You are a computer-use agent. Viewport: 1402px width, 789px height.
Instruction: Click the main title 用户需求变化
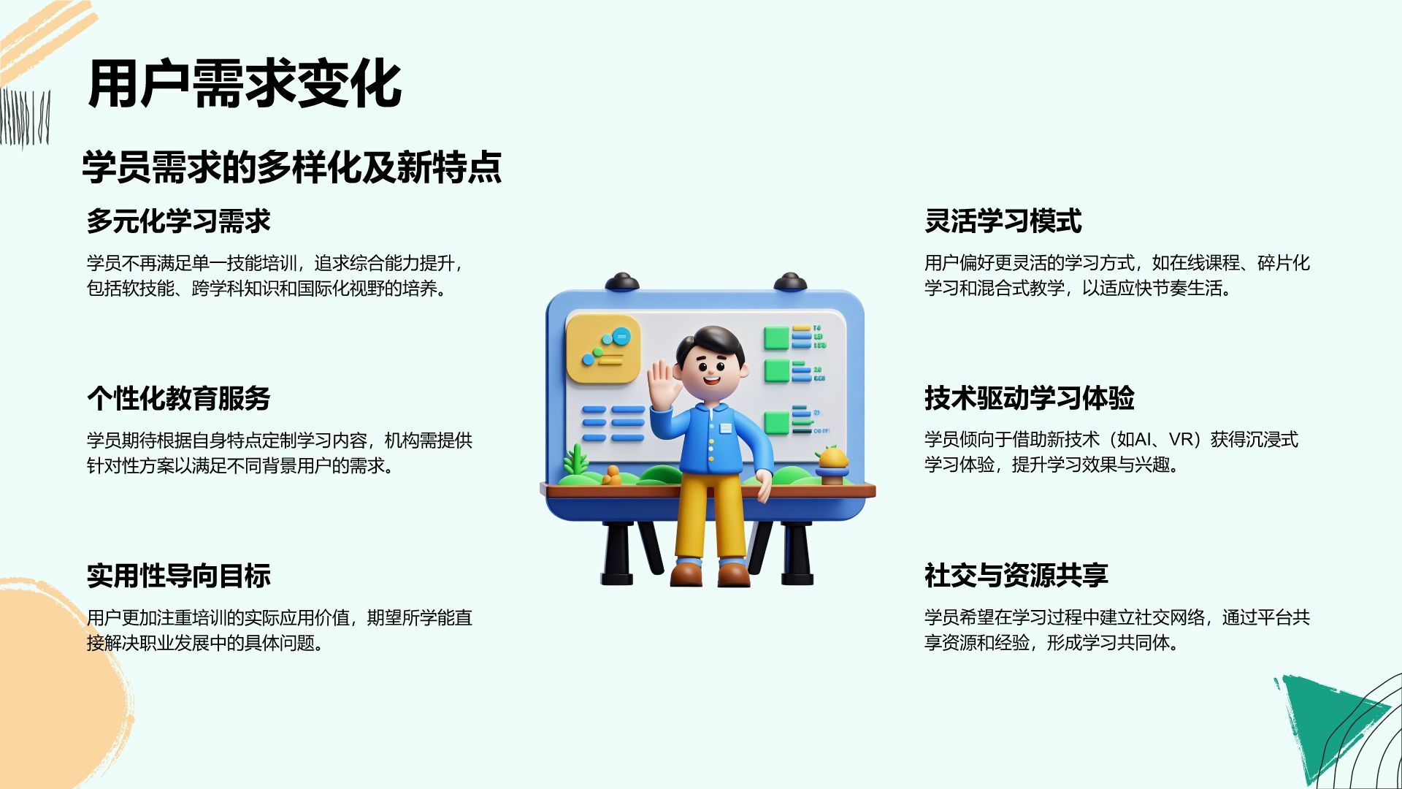tap(245, 85)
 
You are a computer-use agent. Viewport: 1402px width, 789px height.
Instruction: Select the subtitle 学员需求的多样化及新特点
tap(292, 167)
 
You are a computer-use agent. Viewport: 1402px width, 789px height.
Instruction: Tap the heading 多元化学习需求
tap(179, 221)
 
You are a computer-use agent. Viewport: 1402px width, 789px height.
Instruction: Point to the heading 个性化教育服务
tap(179, 398)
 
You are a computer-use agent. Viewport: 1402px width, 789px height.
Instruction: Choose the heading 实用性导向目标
tap(179, 576)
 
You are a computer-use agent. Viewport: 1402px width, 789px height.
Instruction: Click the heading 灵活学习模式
tap(1003, 221)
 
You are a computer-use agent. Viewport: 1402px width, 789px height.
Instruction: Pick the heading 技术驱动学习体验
tap(1030, 398)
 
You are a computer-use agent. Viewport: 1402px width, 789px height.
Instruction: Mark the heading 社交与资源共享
tap(1016, 576)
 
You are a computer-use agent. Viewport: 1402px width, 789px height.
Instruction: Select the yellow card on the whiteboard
tap(603, 348)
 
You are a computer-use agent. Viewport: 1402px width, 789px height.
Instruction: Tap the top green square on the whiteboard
tap(776, 338)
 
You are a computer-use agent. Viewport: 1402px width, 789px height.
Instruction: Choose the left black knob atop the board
tap(621, 282)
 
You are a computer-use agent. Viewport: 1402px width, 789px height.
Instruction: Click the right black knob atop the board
tap(790, 282)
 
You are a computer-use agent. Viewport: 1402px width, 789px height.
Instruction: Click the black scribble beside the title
tap(25, 117)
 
